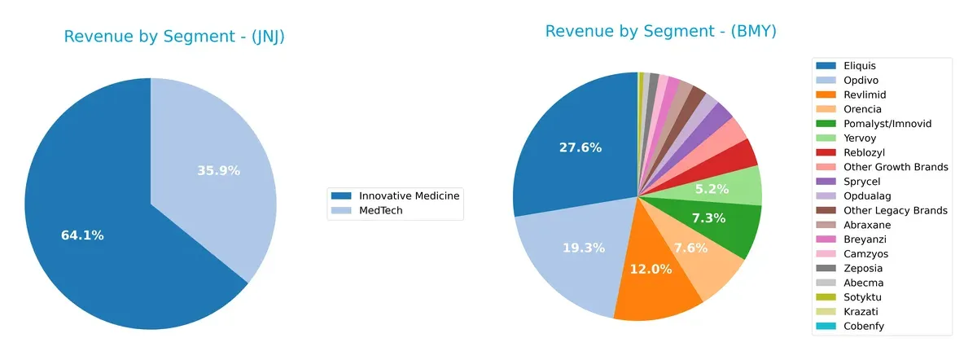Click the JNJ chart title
[174, 37]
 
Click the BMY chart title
[660, 31]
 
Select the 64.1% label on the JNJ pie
[82, 235]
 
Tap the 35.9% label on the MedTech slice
[218, 170]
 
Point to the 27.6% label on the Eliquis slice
[581, 147]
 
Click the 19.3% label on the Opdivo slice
[584, 248]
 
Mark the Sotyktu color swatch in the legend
[826, 297]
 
